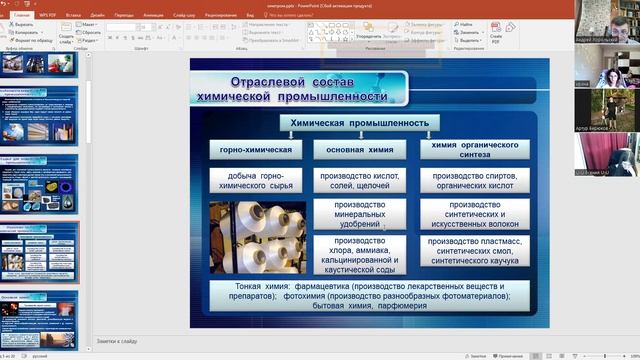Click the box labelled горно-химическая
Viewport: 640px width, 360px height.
coord(256,150)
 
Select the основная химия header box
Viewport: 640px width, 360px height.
coord(359,150)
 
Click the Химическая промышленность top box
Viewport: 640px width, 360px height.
coord(359,123)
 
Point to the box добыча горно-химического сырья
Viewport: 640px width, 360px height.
coord(256,179)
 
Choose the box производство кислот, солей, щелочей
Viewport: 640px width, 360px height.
coord(359,179)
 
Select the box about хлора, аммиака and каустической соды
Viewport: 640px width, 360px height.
coord(359,254)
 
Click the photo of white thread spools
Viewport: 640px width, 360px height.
coord(257,237)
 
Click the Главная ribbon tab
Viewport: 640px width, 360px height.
coord(21,16)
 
